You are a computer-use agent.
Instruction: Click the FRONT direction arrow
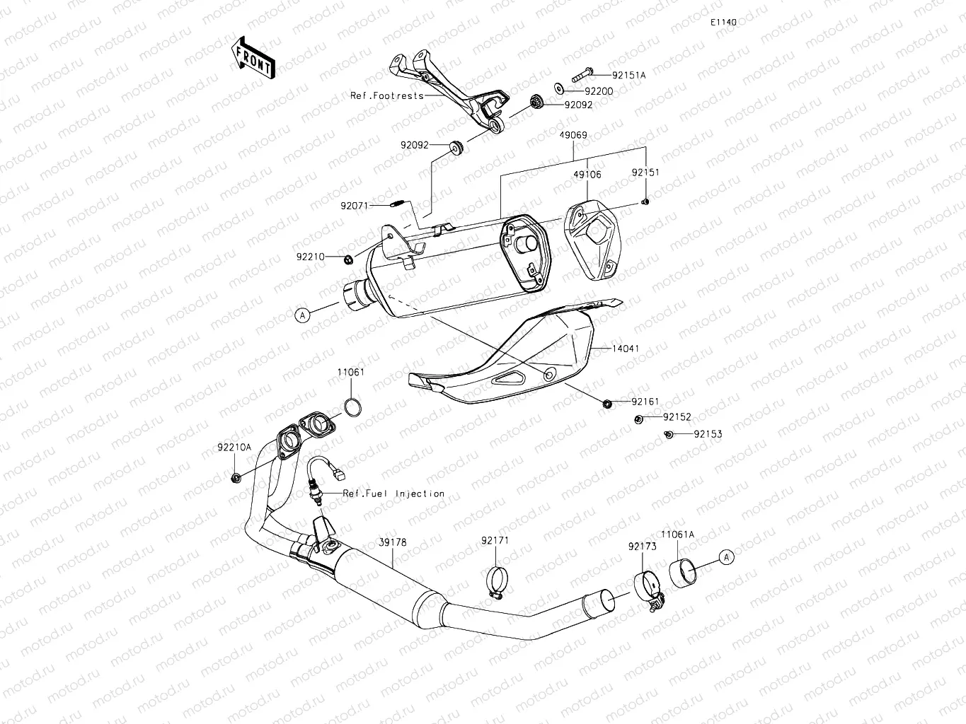(x=253, y=57)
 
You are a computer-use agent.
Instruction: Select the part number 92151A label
(x=629, y=74)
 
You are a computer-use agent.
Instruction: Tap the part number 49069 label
(x=573, y=135)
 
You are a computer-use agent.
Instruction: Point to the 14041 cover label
(x=626, y=349)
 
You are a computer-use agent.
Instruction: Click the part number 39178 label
(x=393, y=542)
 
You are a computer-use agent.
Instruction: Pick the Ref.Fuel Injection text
(x=393, y=494)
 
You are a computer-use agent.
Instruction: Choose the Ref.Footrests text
(x=387, y=95)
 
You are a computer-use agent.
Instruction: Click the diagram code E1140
(x=724, y=22)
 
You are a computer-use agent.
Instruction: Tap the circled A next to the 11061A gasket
(x=727, y=557)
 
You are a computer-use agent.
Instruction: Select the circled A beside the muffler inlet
(x=303, y=315)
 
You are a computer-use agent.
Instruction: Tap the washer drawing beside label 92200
(x=559, y=88)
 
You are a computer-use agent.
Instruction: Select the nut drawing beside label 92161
(x=607, y=404)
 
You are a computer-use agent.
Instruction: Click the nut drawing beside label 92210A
(x=236, y=479)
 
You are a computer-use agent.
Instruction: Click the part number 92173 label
(x=642, y=546)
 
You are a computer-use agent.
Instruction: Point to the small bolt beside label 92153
(x=669, y=434)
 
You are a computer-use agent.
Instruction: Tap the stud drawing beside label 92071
(x=398, y=205)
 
